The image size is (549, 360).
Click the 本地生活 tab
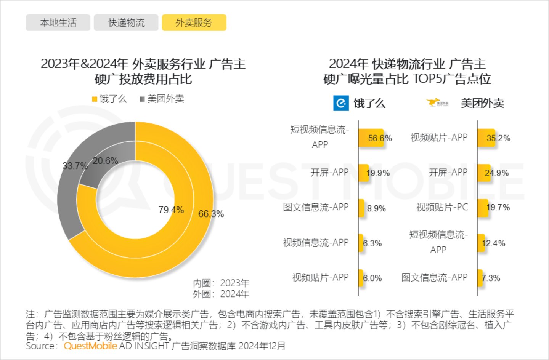58,22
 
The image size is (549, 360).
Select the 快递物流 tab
126,22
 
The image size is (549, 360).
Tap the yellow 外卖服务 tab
194,22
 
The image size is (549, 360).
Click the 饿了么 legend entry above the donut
109,99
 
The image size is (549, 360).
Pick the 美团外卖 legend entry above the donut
162,99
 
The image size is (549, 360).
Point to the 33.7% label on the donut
75,166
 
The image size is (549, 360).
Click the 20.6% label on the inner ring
105,161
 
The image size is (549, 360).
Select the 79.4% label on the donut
171,210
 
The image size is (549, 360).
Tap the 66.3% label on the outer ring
211,214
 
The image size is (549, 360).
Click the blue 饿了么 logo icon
341,103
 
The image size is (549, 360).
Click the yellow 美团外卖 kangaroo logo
437,103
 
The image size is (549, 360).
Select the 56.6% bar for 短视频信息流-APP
371,138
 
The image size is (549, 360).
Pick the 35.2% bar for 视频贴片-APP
486,138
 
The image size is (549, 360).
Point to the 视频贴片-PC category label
442,207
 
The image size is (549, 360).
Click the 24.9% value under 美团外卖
496,173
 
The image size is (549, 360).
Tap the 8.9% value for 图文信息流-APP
376,208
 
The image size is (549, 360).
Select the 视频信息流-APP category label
316,243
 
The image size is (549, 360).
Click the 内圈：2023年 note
221,283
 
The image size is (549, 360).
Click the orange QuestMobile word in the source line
90,346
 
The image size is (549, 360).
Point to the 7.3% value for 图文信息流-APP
491,278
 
